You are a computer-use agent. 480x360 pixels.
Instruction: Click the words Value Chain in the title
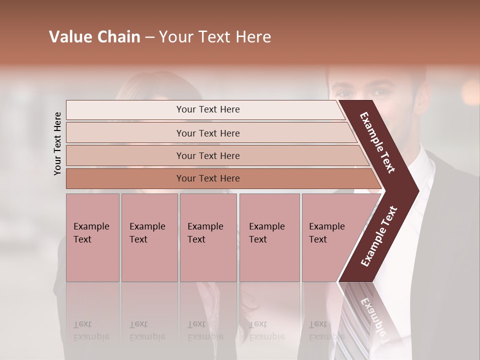pyautogui.click(x=94, y=37)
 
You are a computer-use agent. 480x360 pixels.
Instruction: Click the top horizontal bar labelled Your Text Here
pyautogui.click(x=207, y=109)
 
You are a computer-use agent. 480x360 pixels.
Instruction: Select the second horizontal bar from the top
pyautogui.click(x=207, y=133)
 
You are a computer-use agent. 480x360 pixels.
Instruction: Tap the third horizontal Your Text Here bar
pyautogui.click(x=207, y=155)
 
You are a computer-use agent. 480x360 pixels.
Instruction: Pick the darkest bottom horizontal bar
pyautogui.click(x=207, y=178)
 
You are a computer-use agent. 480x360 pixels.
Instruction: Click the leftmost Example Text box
pyautogui.click(x=92, y=237)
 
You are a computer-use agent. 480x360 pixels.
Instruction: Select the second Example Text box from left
pyautogui.click(x=149, y=237)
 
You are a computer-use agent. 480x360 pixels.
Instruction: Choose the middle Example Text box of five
pyautogui.click(x=208, y=237)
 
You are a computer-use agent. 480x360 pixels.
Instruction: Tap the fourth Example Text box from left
pyautogui.click(x=269, y=237)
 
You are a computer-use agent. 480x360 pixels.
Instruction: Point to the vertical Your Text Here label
pyautogui.click(x=57, y=143)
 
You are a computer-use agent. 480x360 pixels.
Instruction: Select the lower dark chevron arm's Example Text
pyautogui.click(x=379, y=236)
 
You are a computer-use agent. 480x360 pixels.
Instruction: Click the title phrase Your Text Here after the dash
pyautogui.click(x=215, y=37)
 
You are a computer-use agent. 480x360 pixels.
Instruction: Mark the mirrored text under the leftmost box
pyautogui.click(x=91, y=331)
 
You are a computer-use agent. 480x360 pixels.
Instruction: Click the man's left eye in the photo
pyautogui.click(x=380, y=92)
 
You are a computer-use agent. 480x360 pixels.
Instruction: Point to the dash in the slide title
pyautogui.click(x=149, y=37)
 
